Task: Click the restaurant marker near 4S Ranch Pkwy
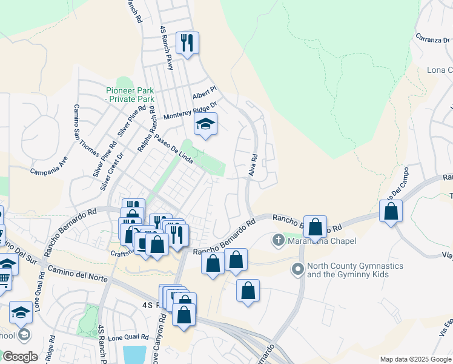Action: [188, 43]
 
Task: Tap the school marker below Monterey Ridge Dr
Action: [205, 124]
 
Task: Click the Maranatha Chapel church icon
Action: [279, 241]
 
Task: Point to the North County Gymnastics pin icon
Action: [298, 268]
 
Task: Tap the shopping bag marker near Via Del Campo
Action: [391, 212]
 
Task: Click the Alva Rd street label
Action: [253, 165]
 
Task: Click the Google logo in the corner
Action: [20, 357]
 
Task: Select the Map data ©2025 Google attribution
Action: [415, 359]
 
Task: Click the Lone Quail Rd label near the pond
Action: [129, 337]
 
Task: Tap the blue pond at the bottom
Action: [134, 354]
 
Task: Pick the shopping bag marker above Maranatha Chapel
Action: [315, 227]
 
